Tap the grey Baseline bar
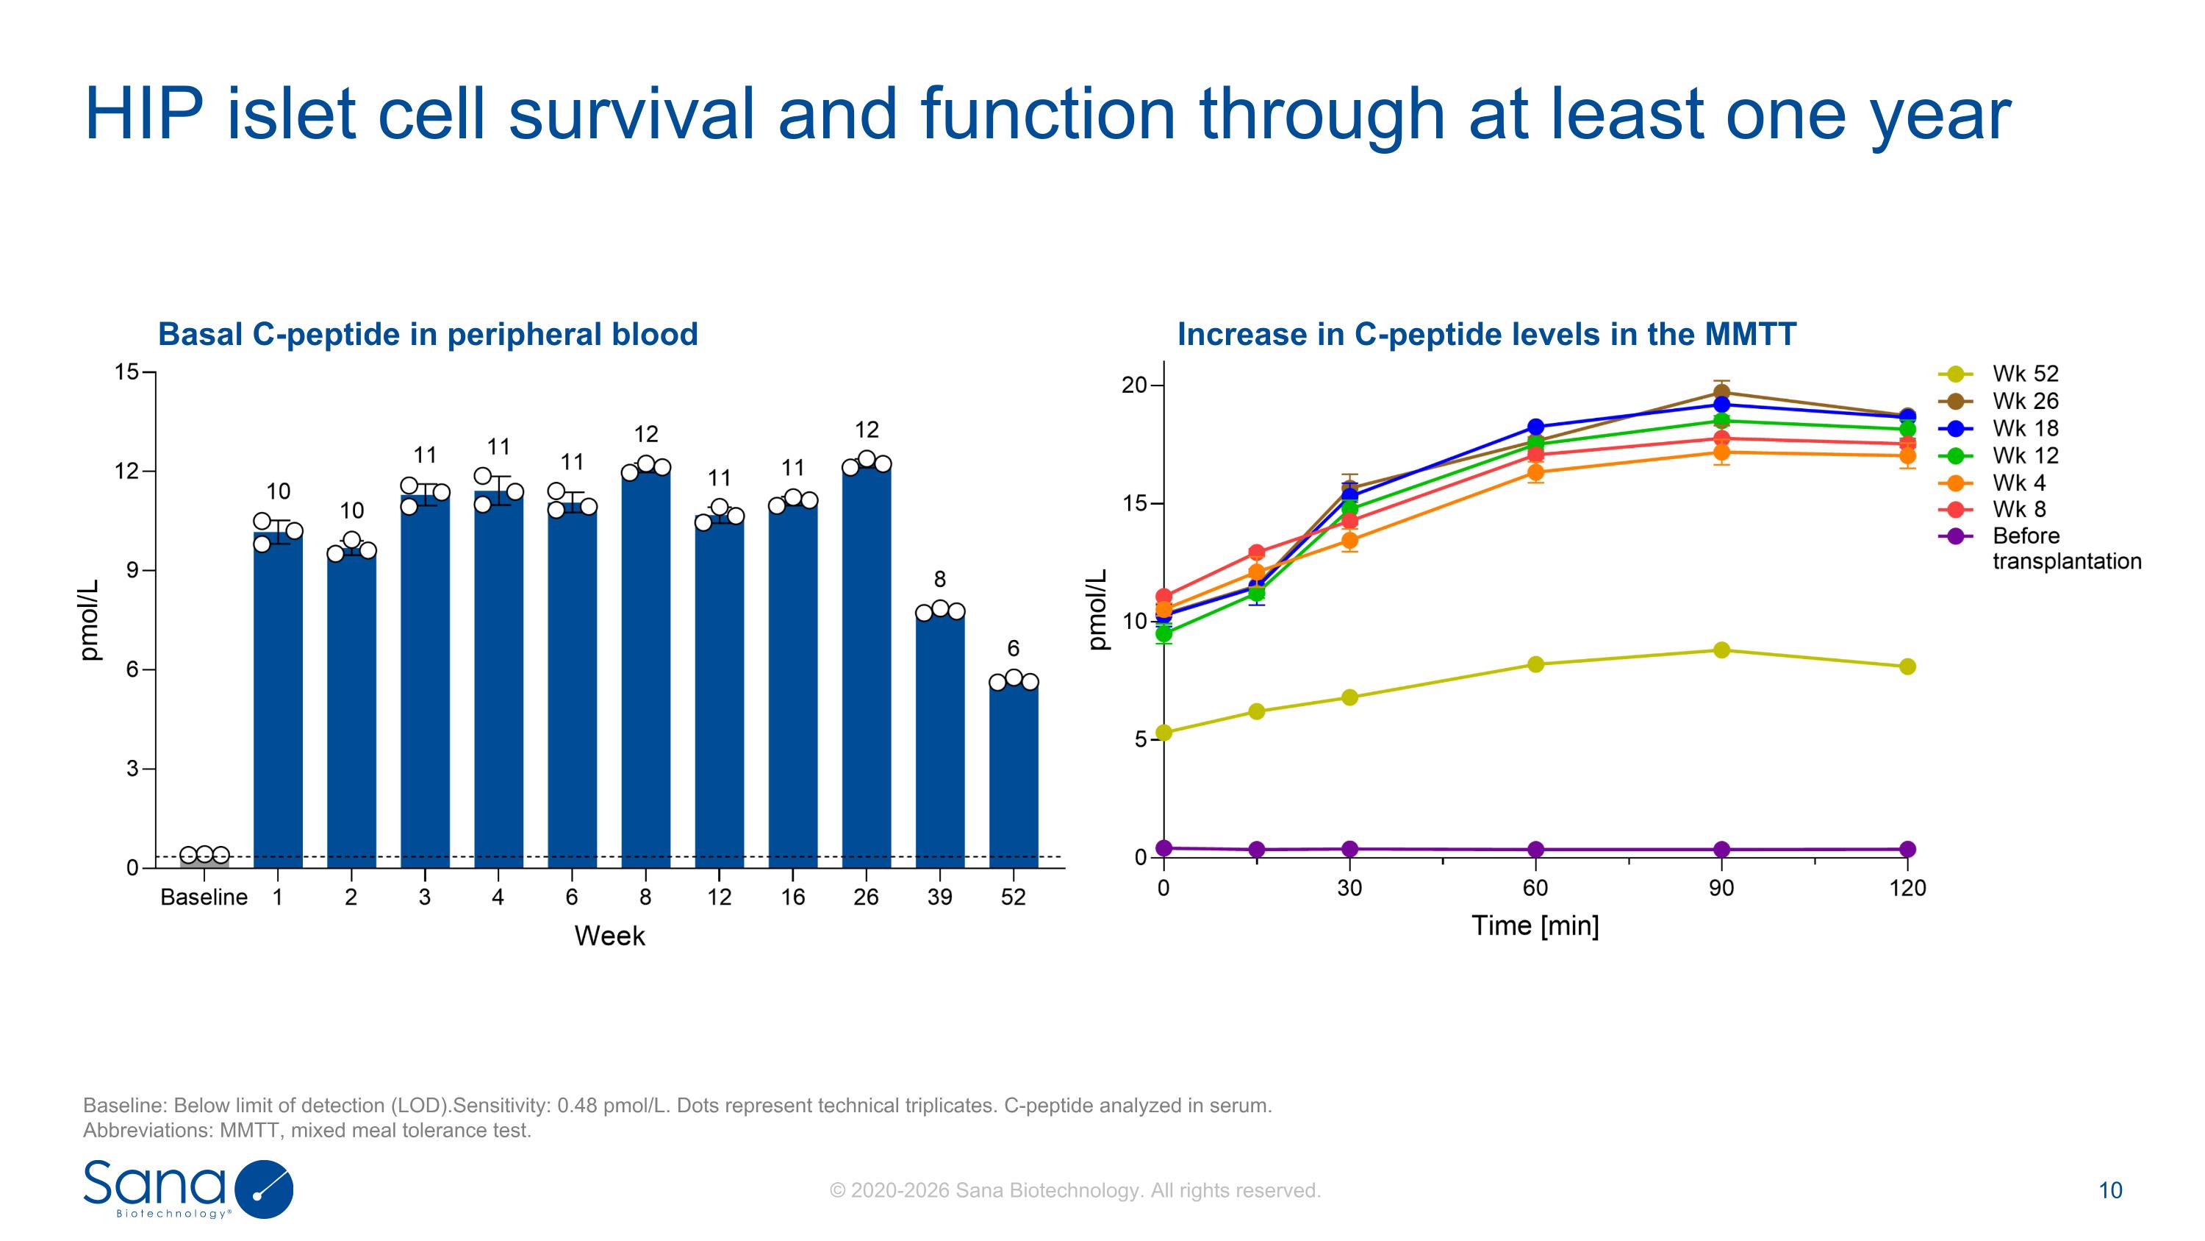tap(204, 861)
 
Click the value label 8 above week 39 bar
tap(940, 580)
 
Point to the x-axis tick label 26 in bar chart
tap(867, 897)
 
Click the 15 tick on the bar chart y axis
tap(126, 371)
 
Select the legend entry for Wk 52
tap(2024, 374)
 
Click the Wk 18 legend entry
tap(2024, 428)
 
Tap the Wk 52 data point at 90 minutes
tap(1721, 650)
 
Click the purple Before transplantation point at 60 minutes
tap(1535, 850)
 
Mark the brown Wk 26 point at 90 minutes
tap(1721, 393)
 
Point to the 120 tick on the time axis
tap(1907, 888)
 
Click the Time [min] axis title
tap(1535, 926)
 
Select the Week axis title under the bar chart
tap(609, 936)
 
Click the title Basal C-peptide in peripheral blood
tap(428, 334)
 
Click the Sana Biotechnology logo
tap(188, 1189)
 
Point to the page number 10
tap(2110, 1190)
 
